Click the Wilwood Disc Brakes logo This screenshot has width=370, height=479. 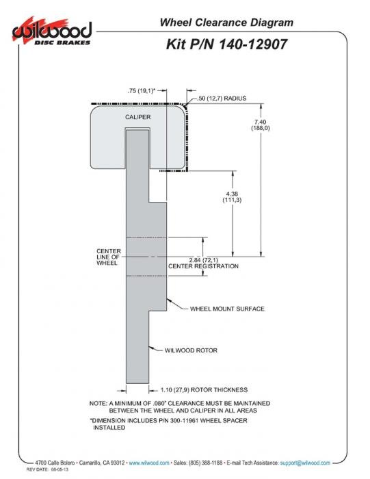[x=52, y=31]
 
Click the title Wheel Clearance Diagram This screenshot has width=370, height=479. [x=226, y=23]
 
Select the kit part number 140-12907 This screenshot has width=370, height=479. [x=253, y=44]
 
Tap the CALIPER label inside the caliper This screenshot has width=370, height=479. [x=137, y=117]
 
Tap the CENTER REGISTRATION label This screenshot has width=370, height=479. [x=203, y=266]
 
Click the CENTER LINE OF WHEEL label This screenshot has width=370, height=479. [x=109, y=257]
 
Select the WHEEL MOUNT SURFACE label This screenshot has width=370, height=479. [x=227, y=309]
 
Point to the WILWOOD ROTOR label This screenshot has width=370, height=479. [x=191, y=350]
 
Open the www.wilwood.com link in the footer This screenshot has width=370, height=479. [x=149, y=463]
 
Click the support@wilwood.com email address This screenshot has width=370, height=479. [x=305, y=463]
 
